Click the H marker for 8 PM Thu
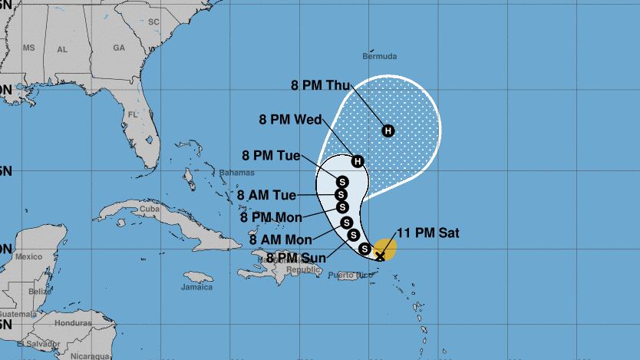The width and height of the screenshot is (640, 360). (388, 130)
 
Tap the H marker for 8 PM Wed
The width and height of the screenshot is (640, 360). (358, 160)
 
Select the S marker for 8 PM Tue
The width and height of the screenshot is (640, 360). (342, 181)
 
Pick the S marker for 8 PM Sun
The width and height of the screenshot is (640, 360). (365, 248)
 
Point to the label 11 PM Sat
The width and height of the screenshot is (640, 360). (428, 233)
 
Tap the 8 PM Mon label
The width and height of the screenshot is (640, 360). (271, 217)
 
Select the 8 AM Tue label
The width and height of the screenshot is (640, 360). (268, 195)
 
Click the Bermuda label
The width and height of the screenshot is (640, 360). (379, 57)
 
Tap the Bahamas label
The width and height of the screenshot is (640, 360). (236, 173)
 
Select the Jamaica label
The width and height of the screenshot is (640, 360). (196, 288)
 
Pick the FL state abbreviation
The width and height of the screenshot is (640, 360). (132, 114)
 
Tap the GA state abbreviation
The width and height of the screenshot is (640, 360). (118, 48)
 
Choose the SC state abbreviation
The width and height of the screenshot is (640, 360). (153, 22)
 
